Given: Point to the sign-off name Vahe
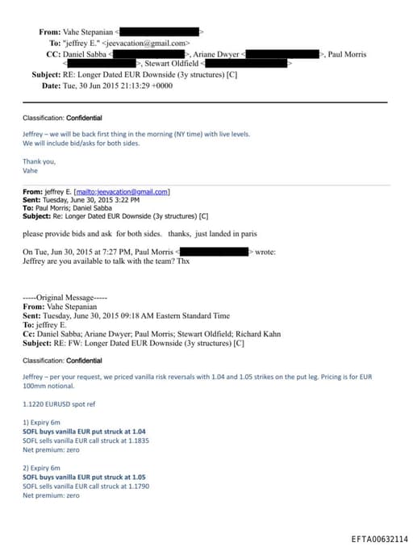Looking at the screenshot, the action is click(30, 170).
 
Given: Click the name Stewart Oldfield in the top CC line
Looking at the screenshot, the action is click(171, 64).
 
